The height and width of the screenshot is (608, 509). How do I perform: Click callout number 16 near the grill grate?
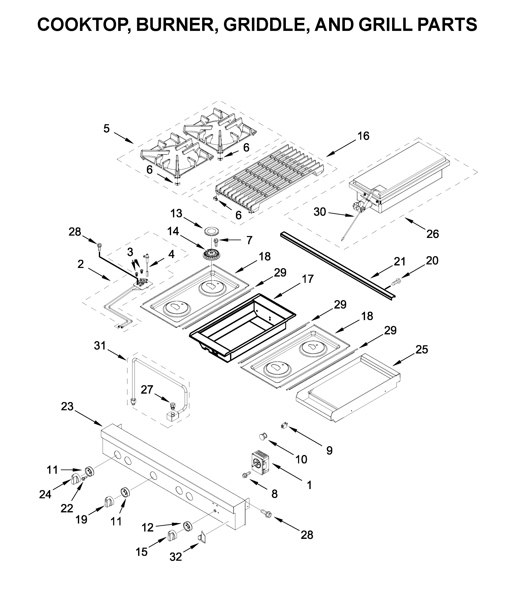coord(363,136)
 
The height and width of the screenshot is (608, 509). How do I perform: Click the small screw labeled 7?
coord(216,240)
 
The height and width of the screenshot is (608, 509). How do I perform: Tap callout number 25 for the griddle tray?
coord(421,350)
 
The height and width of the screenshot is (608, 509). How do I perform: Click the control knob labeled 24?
coord(75,479)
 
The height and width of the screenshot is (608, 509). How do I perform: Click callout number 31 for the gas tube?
coord(100,345)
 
